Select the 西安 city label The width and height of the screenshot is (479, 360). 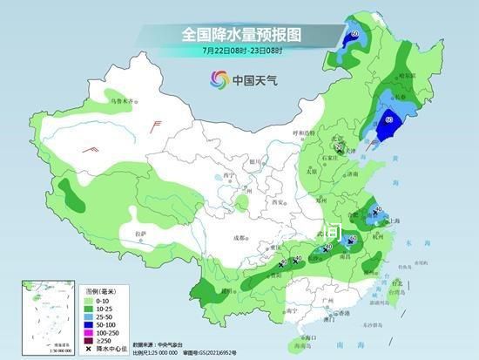coord(280,201)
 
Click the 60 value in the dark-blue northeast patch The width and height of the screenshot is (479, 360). coord(389,119)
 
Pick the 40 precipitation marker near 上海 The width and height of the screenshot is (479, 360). coord(378,209)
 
